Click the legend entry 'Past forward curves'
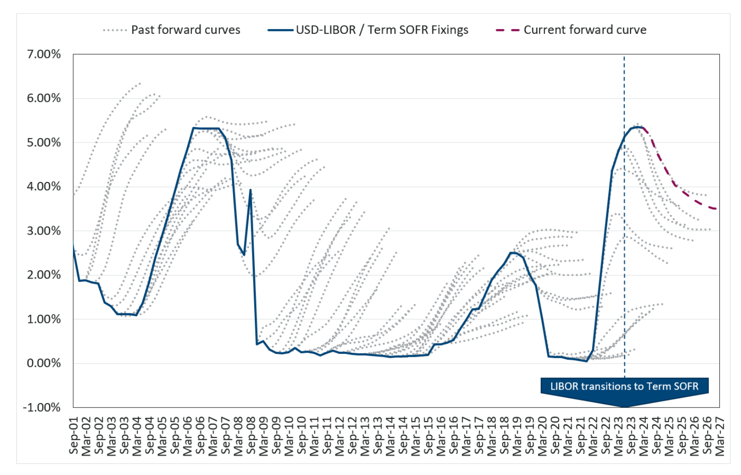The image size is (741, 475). [x=185, y=30]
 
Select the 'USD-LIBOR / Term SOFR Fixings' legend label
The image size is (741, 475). [x=382, y=30]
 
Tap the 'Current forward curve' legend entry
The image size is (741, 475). [x=585, y=30]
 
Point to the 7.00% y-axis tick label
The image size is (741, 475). [x=44, y=54]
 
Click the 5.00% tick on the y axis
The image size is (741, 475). [x=44, y=142]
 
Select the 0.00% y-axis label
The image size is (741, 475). [x=44, y=363]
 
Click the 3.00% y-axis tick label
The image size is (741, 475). [x=44, y=231]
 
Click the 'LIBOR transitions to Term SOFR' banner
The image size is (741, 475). [x=624, y=386]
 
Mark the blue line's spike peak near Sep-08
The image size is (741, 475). [x=250, y=190]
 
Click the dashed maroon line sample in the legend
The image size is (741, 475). [x=507, y=30]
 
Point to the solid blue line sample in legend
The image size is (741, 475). [x=280, y=30]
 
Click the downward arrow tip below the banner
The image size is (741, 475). [x=624, y=406]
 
